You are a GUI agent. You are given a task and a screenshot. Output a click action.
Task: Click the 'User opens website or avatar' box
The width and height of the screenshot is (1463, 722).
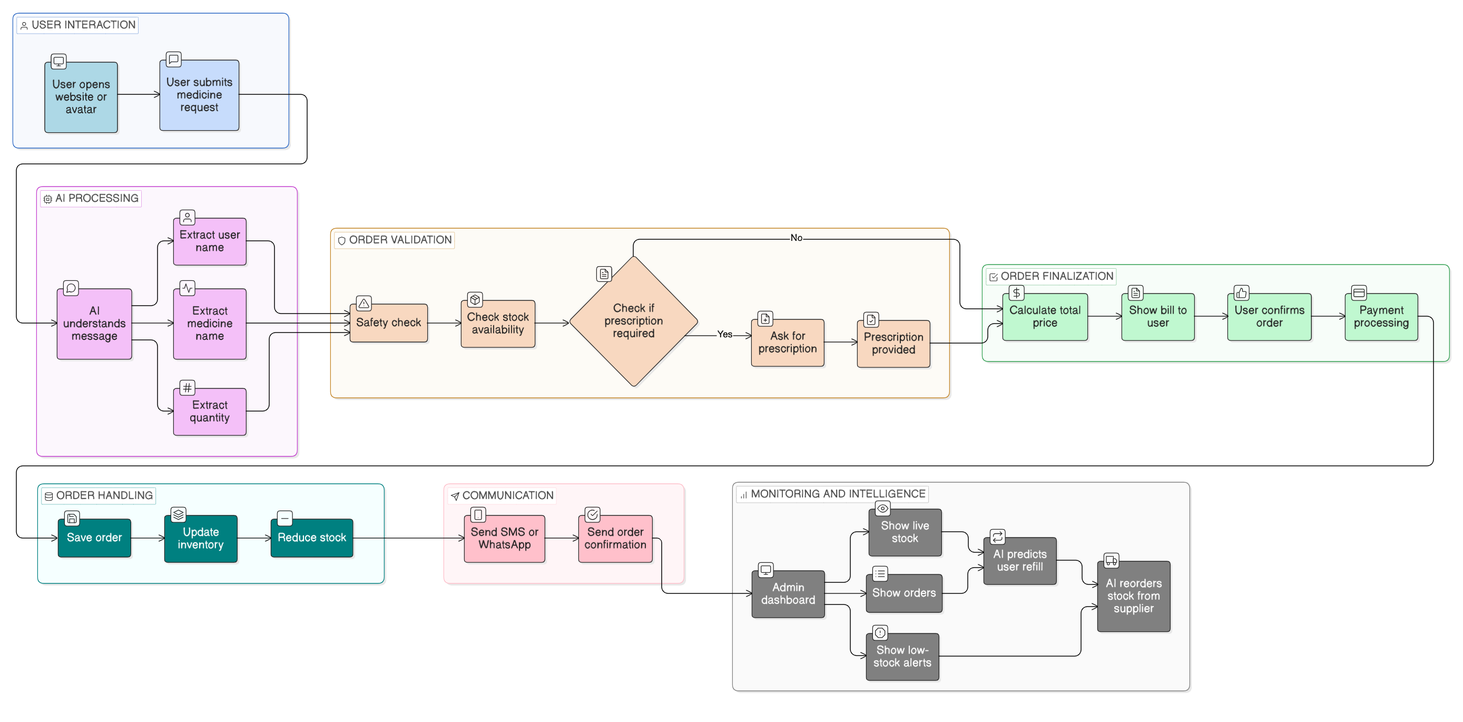tap(81, 97)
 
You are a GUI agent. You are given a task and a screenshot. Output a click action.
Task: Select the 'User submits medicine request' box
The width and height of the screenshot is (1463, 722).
tap(199, 95)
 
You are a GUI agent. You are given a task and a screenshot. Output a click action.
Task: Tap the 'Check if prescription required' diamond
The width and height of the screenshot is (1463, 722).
tap(633, 321)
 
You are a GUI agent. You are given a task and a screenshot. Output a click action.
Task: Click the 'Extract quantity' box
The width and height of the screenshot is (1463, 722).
tap(210, 411)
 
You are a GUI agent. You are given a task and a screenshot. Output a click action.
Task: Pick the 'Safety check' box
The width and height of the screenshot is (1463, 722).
tap(388, 323)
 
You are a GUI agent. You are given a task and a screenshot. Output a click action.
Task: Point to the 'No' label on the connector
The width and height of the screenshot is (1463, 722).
tap(796, 238)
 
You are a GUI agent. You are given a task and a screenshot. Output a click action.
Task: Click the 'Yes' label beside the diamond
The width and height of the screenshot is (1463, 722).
tap(725, 335)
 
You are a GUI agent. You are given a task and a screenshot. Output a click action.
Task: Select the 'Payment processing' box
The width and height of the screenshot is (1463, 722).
tap(1381, 316)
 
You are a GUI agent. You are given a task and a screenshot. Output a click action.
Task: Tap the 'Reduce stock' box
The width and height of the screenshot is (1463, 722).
tap(311, 538)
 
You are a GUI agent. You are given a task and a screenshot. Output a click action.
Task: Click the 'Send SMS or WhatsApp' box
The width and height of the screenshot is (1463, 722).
tap(504, 539)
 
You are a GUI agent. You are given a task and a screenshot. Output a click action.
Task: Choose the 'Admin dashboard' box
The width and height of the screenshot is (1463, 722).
tap(788, 593)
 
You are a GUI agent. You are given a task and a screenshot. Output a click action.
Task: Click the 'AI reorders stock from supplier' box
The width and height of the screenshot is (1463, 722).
tap(1133, 596)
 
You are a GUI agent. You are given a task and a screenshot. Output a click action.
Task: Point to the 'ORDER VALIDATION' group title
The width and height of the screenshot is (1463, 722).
tap(400, 240)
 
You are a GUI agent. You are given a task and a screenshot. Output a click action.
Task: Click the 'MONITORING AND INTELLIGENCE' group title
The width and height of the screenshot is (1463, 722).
tap(838, 494)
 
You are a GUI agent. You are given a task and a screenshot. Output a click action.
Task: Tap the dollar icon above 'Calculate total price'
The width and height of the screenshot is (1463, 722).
tap(1016, 293)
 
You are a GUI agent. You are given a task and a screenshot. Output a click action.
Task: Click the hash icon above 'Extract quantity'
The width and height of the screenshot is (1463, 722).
tap(187, 388)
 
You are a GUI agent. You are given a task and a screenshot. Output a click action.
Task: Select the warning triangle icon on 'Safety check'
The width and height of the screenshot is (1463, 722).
tap(364, 304)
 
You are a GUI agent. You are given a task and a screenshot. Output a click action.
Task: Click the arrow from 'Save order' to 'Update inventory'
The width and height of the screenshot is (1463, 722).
tap(148, 538)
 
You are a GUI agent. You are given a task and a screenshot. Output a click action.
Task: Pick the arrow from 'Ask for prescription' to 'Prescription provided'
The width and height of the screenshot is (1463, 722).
tap(840, 343)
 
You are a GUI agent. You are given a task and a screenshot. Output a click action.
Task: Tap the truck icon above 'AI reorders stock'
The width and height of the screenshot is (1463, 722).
tap(1111, 561)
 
